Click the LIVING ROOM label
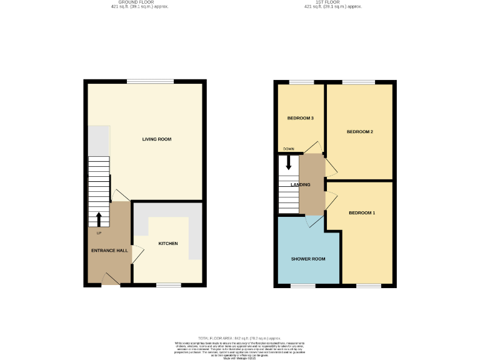click(156, 139)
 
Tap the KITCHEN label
click(168, 243)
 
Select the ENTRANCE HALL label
click(109, 250)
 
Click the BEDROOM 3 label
click(300, 118)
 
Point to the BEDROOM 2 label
click(359, 132)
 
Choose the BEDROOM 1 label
click(362, 213)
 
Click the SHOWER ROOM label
click(307, 259)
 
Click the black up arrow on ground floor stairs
click(99, 219)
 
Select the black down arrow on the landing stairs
click(288, 164)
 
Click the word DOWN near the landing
click(288, 149)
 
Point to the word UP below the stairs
click(99, 234)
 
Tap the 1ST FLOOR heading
click(332, 2)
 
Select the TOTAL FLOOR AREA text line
click(239, 337)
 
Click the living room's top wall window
click(150, 81)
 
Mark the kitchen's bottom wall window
click(168, 285)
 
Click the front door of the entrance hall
click(111, 284)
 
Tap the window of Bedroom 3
click(301, 82)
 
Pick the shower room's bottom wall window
click(302, 286)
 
